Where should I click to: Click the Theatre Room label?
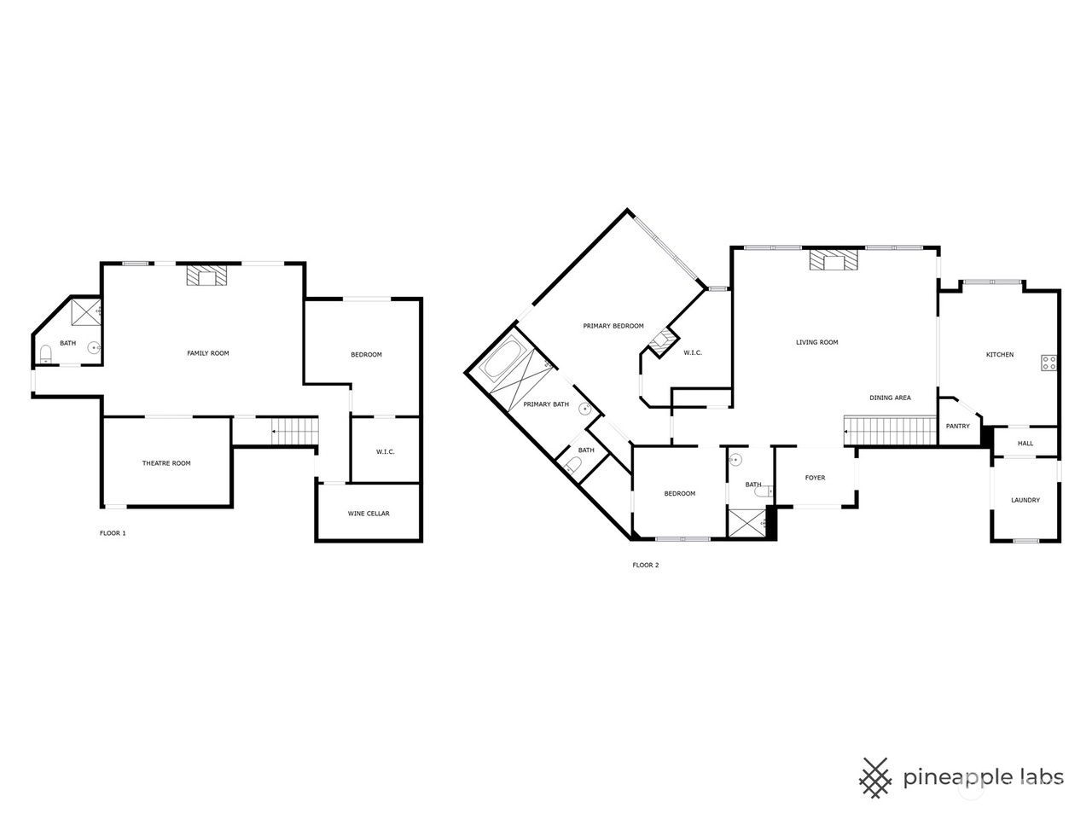click(166, 463)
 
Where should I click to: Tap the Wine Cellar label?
click(369, 514)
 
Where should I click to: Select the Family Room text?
click(208, 353)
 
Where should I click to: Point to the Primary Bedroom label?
click(613, 326)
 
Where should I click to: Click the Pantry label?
click(958, 426)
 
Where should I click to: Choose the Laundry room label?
click(1025, 500)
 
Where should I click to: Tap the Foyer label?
click(815, 478)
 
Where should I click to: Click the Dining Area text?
click(890, 398)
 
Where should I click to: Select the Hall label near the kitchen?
click(1025, 443)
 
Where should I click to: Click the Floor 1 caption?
click(113, 533)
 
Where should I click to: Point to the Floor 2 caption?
click(645, 565)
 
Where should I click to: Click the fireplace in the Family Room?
click(206, 275)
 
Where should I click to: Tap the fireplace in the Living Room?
click(834, 259)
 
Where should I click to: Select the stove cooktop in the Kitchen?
click(1048, 363)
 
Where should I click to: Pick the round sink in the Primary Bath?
click(585, 409)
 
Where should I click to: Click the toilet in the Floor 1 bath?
click(46, 353)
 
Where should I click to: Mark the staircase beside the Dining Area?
click(891, 431)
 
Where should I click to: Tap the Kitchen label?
click(1000, 355)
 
